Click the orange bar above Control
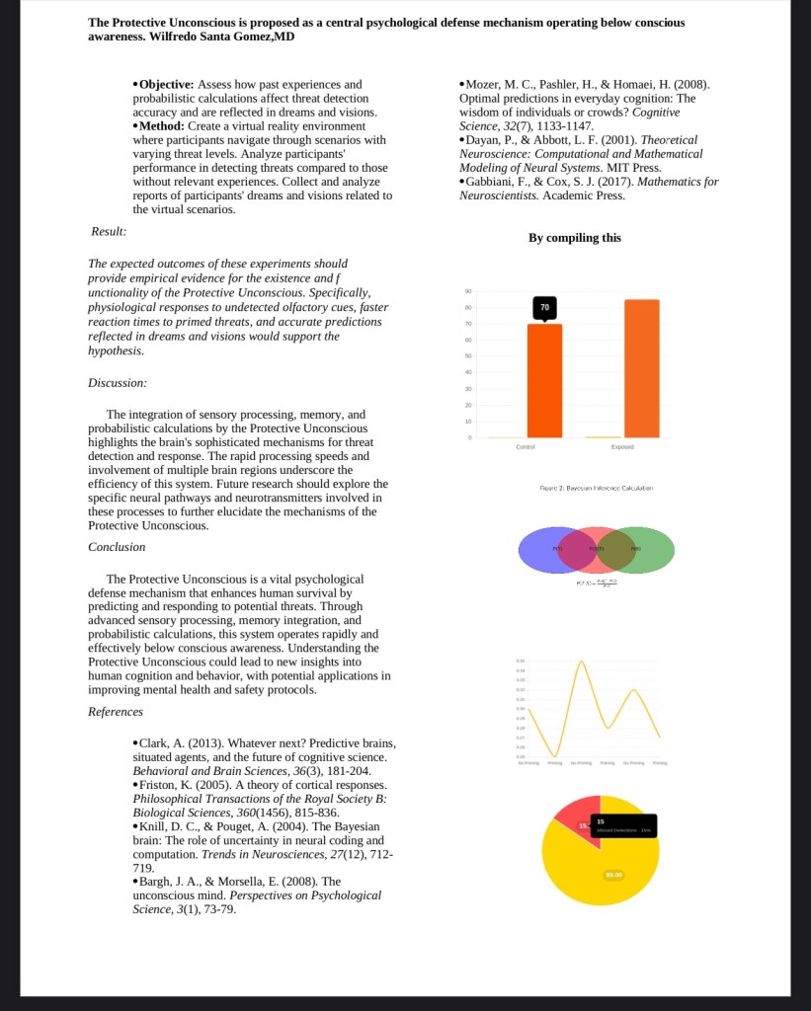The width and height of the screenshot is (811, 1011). tap(544, 380)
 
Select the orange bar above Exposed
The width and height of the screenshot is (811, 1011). tap(642, 367)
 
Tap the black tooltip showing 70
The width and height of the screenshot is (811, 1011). tap(544, 309)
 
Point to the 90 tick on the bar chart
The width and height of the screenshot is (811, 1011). tap(468, 291)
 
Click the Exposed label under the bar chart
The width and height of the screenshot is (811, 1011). tap(622, 447)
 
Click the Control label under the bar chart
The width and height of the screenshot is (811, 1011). tap(526, 447)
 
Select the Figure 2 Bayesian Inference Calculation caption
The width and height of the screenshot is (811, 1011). tap(596, 488)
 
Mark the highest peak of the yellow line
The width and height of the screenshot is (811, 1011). tap(582, 661)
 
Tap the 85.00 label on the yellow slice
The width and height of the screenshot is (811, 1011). tap(613, 875)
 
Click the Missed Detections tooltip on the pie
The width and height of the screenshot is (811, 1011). tap(623, 826)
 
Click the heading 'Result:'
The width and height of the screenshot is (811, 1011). tap(108, 231)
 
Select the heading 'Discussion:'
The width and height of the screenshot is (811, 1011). tap(118, 382)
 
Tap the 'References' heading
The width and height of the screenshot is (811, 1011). tap(116, 712)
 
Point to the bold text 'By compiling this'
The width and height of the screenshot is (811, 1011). tap(574, 238)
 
